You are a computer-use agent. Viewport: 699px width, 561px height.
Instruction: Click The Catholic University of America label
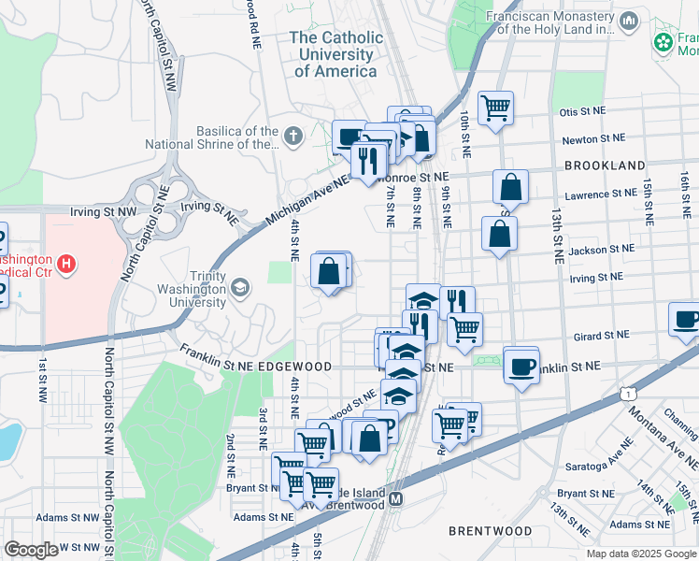click(335, 54)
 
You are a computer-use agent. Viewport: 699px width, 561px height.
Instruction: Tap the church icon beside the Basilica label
click(293, 137)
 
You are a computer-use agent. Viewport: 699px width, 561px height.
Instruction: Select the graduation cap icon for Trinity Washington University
click(241, 287)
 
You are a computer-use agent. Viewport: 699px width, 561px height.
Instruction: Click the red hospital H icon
click(65, 265)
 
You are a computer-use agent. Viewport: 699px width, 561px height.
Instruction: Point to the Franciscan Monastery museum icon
click(629, 20)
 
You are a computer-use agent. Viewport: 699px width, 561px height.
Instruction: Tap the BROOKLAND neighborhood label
click(605, 165)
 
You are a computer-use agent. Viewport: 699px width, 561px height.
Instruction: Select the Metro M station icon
click(396, 498)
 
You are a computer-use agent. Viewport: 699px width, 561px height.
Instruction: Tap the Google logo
click(31, 550)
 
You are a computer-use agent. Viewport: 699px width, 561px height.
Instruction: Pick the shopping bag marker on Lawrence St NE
click(510, 186)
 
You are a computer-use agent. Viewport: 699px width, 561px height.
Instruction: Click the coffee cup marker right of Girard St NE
click(686, 319)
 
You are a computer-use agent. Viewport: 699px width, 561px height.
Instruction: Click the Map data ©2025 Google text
click(640, 554)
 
